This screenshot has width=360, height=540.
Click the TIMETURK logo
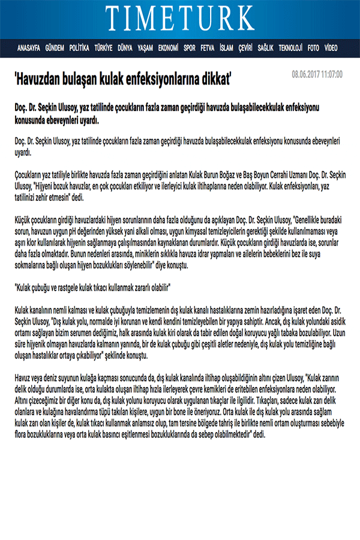(179, 18)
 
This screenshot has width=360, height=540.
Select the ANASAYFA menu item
(29, 47)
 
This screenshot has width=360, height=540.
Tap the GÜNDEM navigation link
(55, 47)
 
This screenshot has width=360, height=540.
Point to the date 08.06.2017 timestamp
(317, 74)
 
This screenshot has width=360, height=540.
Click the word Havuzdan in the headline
(40, 78)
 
